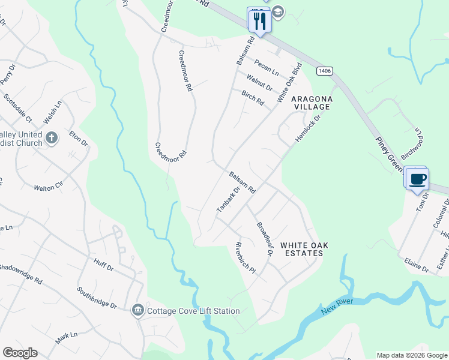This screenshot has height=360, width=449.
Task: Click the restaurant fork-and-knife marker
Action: point(260,21)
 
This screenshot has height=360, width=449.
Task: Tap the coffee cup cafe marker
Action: point(418,178)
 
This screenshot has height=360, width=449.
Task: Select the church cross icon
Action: point(52,138)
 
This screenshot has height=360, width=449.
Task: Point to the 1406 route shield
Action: point(325,71)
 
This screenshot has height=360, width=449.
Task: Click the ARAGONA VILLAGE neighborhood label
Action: point(311,102)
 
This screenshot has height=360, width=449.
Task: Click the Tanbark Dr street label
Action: point(228,199)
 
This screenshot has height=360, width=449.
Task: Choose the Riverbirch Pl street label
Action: point(246,258)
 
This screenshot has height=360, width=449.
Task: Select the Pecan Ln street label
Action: point(267,67)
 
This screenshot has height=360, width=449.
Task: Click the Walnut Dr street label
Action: point(259,82)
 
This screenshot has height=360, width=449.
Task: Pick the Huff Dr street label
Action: point(103,265)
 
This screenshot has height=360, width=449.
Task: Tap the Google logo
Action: point(20,353)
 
